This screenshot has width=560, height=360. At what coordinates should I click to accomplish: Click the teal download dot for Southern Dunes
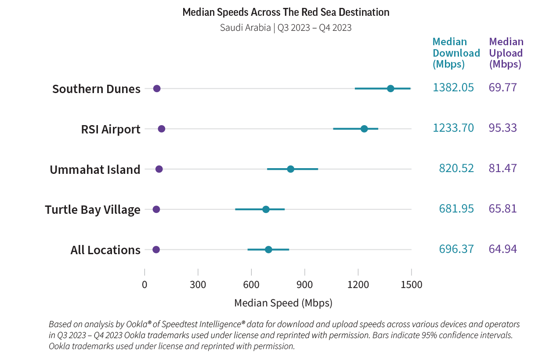click(x=390, y=89)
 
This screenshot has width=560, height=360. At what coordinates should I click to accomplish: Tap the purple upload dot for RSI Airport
click(x=161, y=129)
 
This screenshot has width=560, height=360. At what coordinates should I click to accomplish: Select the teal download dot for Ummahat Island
click(x=290, y=169)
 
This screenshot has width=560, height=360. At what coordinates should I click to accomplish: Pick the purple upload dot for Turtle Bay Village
click(x=156, y=209)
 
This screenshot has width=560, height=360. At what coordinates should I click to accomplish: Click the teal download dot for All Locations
click(x=268, y=250)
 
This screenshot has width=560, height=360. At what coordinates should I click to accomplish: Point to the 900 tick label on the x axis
click(x=304, y=285)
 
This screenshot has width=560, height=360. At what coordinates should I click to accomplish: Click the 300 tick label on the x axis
click(x=198, y=285)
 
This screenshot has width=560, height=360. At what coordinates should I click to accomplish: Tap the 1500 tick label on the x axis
click(x=411, y=285)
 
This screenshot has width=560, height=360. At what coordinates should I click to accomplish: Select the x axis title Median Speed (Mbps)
click(x=283, y=303)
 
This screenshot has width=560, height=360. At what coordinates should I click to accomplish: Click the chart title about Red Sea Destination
click(x=285, y=12)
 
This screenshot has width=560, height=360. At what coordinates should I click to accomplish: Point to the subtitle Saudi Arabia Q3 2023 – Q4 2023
click(x=285, y=28)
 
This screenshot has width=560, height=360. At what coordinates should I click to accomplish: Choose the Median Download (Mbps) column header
click(x=456, y=53)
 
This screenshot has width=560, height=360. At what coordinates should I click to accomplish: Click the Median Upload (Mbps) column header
click(x=506, y=53)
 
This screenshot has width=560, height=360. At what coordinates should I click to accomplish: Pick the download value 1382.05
click(x=453, y=88)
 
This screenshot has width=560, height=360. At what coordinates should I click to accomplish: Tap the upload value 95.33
click(x=502, y=128)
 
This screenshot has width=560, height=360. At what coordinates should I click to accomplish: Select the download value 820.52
click(x=456, y=169)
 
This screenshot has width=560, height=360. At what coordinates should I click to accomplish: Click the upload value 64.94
click(x=502, y=249)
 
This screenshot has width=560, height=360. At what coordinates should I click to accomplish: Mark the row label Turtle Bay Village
click(x=93, y=210)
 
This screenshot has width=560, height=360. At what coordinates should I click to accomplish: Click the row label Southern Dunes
click(x=96, y=89)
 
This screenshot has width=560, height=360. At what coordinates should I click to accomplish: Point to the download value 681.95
click(x=456, y=209)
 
